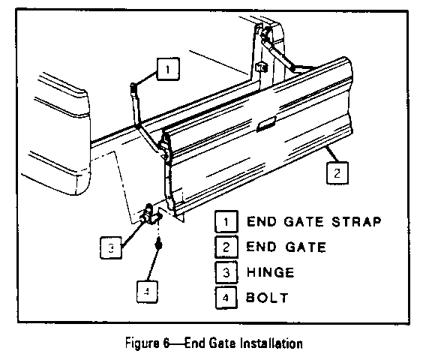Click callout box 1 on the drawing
168,69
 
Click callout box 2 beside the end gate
337,173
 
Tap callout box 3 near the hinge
111,247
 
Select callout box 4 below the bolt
148,292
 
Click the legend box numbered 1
226,221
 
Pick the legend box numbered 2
226,247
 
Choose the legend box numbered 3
226,272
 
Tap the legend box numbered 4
226,298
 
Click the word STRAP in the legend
356,222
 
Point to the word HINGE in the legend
271,272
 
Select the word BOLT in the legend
267,298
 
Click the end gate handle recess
266,124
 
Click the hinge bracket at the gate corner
151,214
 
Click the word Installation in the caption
271,343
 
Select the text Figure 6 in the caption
147,343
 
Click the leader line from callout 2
332,154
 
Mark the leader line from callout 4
154,265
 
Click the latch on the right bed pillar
261,67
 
